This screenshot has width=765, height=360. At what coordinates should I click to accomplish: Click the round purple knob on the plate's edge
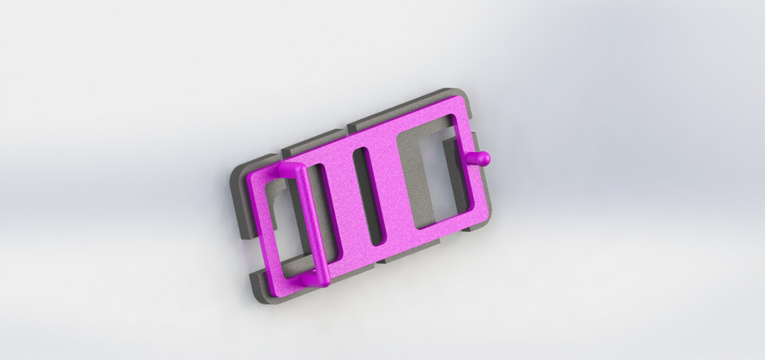(482, 158)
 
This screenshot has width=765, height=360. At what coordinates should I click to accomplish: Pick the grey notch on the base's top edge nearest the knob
(351, 126)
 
